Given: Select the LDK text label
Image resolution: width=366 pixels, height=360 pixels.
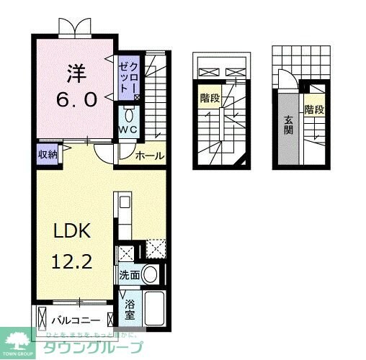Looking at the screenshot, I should tap(71, 232).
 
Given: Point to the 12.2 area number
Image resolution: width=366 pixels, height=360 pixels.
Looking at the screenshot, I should tap(71, 262).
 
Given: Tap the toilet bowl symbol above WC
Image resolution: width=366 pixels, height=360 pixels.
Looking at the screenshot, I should tap(130, 114).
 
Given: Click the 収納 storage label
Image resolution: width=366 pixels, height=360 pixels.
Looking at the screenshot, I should tap(47, 153).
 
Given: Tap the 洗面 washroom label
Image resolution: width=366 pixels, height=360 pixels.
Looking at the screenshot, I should tap(129, 275).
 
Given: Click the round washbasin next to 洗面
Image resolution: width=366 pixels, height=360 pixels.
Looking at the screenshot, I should tap(150, 274).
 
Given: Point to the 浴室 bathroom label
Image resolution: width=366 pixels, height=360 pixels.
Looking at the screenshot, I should tap(130, 310).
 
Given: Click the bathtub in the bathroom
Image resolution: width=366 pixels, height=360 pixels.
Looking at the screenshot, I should tap(155, 308).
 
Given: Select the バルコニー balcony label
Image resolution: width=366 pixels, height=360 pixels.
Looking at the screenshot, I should tap(75, 318).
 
